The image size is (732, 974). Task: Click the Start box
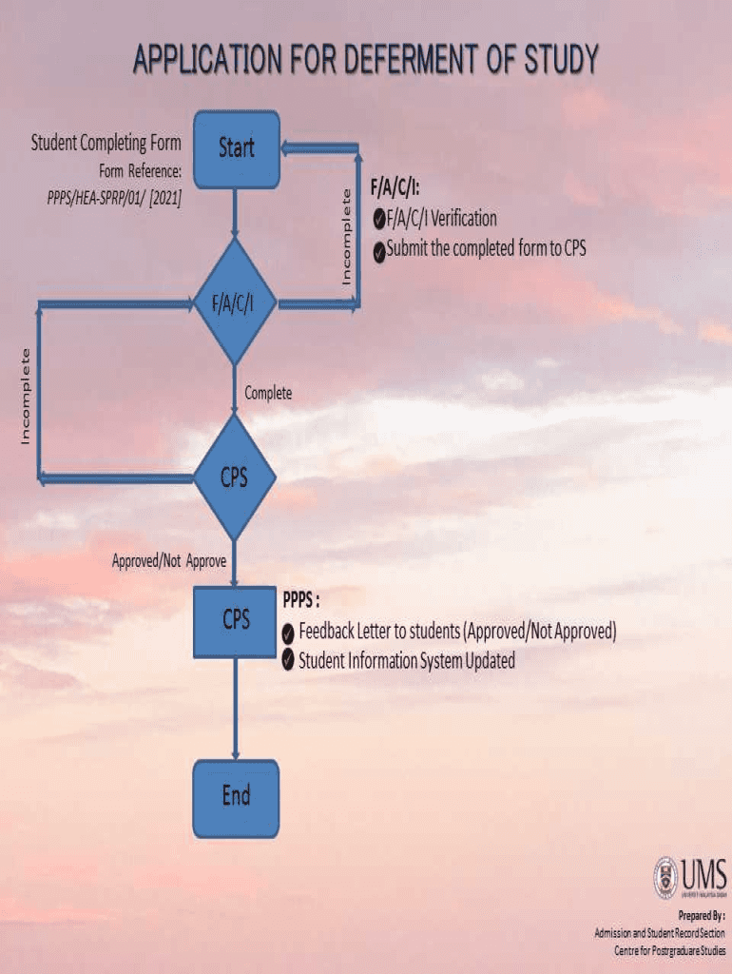pyautogui.click(x=237, y=148)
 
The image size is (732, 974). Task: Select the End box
pyautogui.click(x=236, y=797)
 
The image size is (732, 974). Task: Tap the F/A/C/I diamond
pyautogui.click(x=235, y=302)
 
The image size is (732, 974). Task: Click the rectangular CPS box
pyautogui.click(x=236, y=620)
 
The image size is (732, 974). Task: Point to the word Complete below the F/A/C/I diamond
pyautogui.click(x=268, y=393)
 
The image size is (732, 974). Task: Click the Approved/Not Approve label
pyautogui.click(x=169, y=561)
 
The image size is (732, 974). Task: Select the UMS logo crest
pyautogui.click(x=667, y=876)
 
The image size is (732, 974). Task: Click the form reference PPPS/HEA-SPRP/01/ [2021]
pyautogui.click(x=114, y=200)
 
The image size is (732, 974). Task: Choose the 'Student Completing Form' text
pyautogui.click(x=106, y=145)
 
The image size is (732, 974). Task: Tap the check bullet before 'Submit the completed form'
pyautogui.click(x=379, y=253)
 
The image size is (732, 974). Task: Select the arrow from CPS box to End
pyautogui.click(x=235, y=709)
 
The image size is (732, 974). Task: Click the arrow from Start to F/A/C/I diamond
pyautogui.click(x=235, y=212)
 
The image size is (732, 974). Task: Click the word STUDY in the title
pyautogui.click(x=561, y=61)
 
